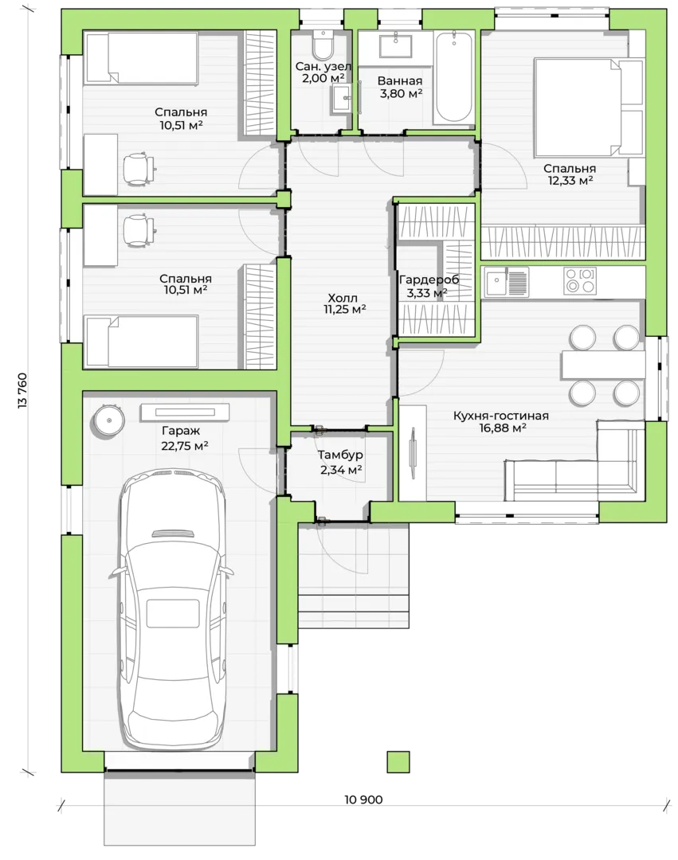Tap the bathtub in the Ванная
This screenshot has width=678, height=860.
click(x=453, y=76)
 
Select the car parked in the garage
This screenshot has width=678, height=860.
click(x=174, y=608)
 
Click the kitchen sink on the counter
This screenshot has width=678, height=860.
click(x=506, y=282)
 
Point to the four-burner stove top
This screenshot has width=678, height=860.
click(x=580, y=281)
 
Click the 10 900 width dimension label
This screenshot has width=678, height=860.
click(x=363, y=799)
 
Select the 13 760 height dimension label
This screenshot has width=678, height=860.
click(x=22, y=390)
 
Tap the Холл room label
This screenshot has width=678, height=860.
click(x=343, y=298)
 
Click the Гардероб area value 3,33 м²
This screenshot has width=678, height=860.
click(x=427, y=293)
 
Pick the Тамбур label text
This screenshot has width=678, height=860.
click(x=340, y=455)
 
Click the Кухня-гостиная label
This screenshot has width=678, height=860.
click(x=501, y=416)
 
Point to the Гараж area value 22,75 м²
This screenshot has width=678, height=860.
click(x=184, y=446)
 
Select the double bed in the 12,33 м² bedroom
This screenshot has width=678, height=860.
click(x=589, y=107)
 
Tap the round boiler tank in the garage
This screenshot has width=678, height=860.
click(x=108, y=420)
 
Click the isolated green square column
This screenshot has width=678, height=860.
click(x=398, y=762)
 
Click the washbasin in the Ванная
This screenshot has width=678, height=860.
click(x=395, y=44)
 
